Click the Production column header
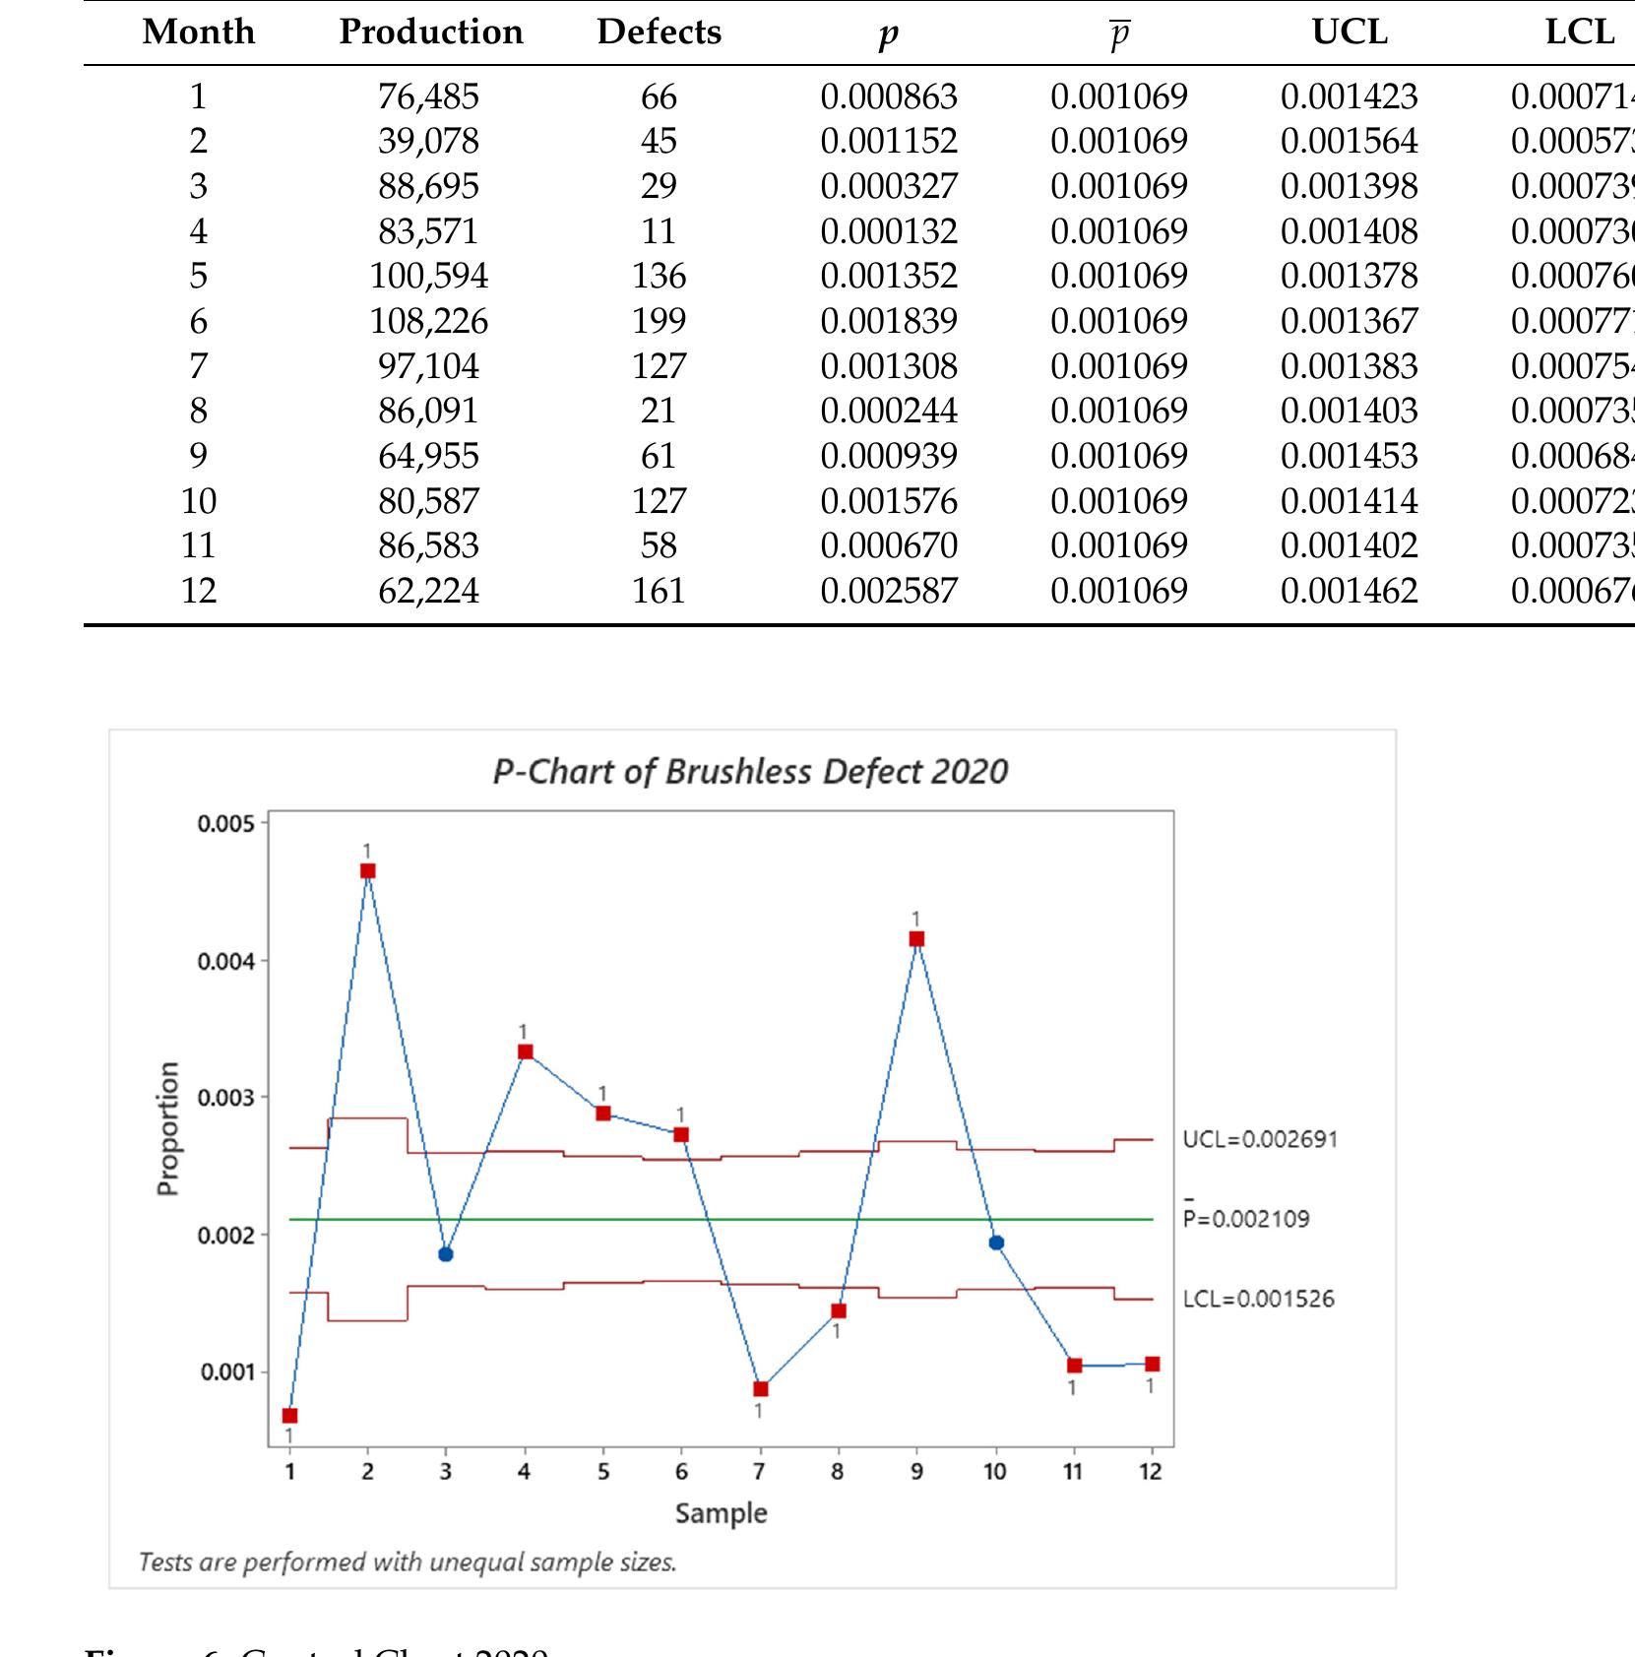coord(430,32)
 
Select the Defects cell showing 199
coord(659,320)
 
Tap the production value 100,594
coord(428,275)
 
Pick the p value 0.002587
coord(888,590)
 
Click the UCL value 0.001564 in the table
coord(1349,141)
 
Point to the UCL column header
coord(1349,32)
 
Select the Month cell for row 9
coord(198,455)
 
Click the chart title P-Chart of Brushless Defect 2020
coord(750,771)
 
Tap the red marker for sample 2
coord(367,870)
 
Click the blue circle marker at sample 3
coord(446,1253)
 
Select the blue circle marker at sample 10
coord(996,1243)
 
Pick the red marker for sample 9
coord(917,938)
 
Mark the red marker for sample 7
coord(760,1388)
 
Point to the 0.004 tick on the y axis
coord(225,961)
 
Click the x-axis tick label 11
coord(1073,1471)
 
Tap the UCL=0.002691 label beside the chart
coord(1260,1139)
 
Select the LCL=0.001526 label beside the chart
coord(1258,1299)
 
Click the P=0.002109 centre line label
coord(1246,1219)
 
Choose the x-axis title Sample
coord(721,1512)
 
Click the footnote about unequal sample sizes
coord(408,1561)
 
